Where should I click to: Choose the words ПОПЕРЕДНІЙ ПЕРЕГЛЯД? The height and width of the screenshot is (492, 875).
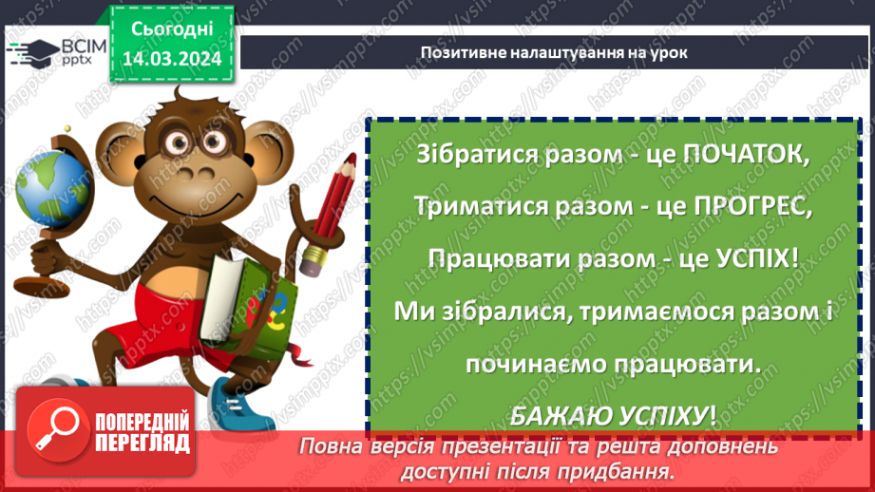[x=143, y=432]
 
